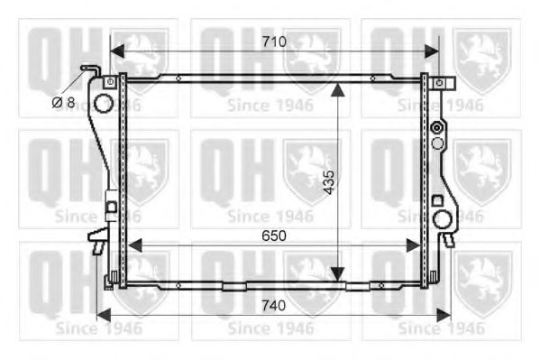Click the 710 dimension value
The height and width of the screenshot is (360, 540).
(x=274, y=42)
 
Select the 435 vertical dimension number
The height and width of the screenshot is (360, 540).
(x=329, y=182)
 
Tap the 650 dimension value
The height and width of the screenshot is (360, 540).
(x=274, y=235)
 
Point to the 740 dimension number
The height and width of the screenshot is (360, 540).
(x=274, y=306)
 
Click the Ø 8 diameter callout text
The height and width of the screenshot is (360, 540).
(x=63, y=103)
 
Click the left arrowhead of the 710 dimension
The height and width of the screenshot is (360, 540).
(x=117, y=51)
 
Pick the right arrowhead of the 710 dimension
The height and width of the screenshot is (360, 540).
(x=432, y=51)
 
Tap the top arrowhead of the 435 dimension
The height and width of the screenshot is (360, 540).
(x=338, y=89)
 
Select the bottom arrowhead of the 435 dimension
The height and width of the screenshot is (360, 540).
(x=338, y=274)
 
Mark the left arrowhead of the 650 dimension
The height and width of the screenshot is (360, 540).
(x=134, y=245)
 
